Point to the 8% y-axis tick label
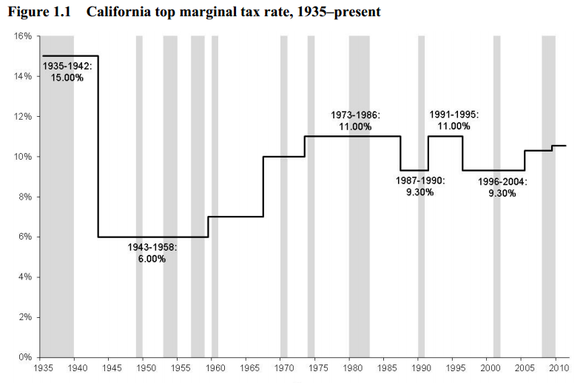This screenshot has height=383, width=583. click(24, 197)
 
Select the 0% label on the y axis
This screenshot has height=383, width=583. click(24, 357)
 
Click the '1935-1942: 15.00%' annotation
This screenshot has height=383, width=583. click(67, 72)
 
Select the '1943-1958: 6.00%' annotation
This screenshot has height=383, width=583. click(152, 253)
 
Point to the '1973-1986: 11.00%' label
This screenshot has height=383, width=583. click(355, 121)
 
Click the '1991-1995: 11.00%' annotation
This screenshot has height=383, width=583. click(454, 121)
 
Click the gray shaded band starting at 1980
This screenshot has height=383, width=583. click(360, 222)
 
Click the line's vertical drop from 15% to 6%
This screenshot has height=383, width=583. click(98, 148)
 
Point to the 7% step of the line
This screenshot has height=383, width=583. click(235, 217)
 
